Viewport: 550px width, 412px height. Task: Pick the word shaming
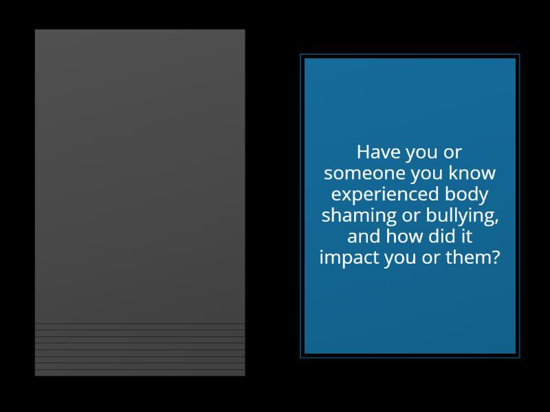(351, 216)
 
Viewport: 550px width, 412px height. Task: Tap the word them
(472, 258)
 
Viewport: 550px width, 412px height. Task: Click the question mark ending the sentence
(497, 258)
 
